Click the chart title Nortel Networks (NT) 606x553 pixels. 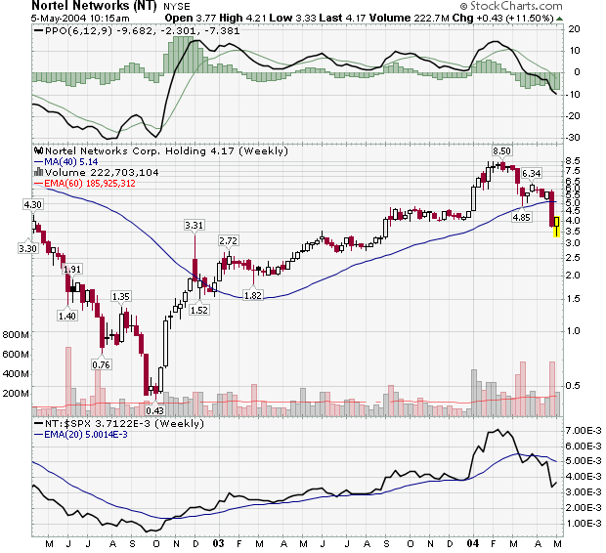[x=93, y=6]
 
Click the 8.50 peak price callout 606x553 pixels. [x=502, y=151]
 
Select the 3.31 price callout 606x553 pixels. [x=194, y=226]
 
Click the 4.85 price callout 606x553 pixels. [x=522, y=218]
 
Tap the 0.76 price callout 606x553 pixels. [x=101, y=364]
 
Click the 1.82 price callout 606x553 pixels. [x=253, y=295]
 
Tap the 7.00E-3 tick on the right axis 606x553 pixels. [x=582, y=430]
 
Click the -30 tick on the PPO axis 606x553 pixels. [x=574, y=138]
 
